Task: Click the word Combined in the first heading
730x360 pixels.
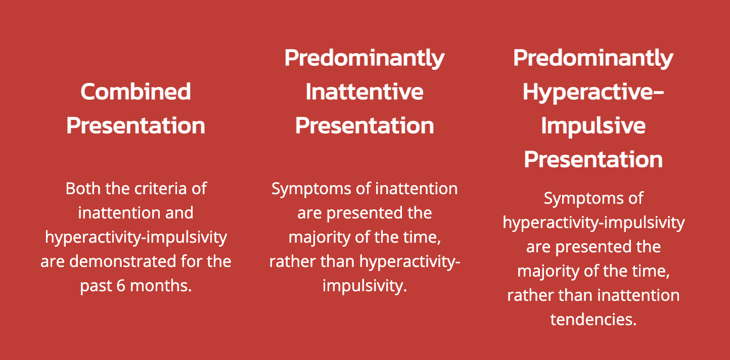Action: [135, 92]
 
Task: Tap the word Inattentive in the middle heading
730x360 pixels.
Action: [364, 92]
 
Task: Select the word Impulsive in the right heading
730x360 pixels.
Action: [593, 125]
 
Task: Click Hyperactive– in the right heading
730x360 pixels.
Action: [593, 92]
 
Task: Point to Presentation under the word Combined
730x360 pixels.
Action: [135, 125]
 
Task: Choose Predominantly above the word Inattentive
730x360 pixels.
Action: [364, 58]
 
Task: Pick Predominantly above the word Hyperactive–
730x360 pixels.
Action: [593, 58]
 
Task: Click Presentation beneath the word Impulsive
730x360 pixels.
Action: [593, 159]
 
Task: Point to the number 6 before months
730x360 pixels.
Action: [120, 286]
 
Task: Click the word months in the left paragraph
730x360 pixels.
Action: [161, 286]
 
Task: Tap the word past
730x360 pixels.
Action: [96, 286]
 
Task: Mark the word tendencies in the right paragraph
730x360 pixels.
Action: [593, 320]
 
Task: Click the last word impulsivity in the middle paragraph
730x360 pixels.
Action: [364, 286]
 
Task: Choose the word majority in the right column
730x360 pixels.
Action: [550, 271]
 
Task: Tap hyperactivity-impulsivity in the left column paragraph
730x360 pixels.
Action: [135, 237]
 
